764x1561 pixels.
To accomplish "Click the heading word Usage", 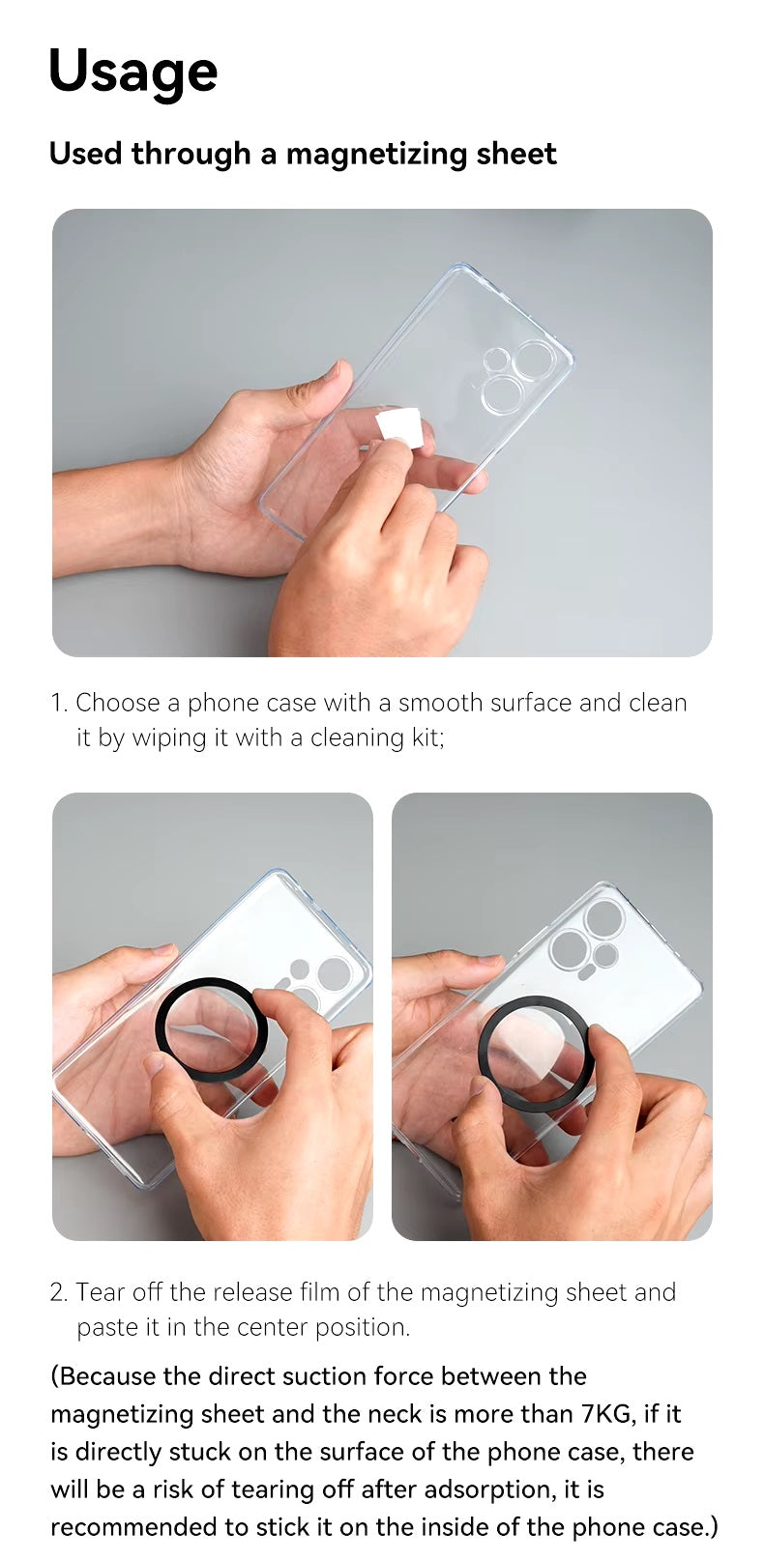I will tap(132, 72).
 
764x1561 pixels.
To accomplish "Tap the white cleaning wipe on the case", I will tap(401, 427).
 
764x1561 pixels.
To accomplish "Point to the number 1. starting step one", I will tap(59, 703).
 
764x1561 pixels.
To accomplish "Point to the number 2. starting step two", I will tap(59, 1292).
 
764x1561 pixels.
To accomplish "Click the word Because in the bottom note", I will tap(107, 1376).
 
